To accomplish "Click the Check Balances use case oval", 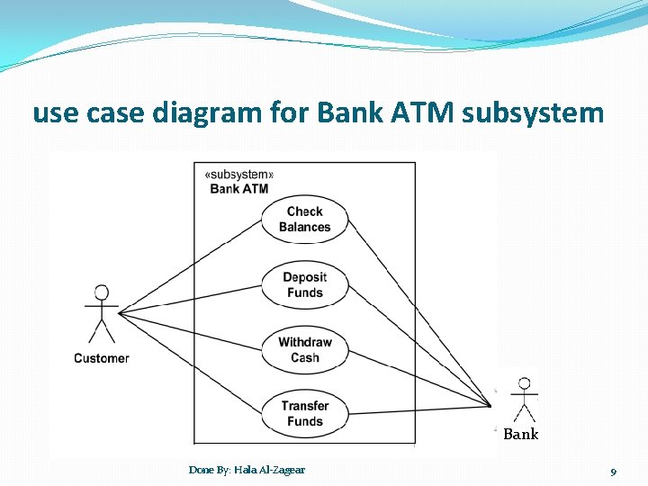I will (x=304, y=220).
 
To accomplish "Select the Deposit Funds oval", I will (x=304, y=284).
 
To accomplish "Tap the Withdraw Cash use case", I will (x=304, y=349).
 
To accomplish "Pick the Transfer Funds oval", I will (x=304, y=414).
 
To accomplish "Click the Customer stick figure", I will (x=102, y=315).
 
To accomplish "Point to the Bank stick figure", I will (x=523, y=400).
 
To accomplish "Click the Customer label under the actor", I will (x=102, y=358).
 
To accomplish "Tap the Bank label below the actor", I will (x=520, y=435).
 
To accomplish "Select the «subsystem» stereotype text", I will (x=239, y=175).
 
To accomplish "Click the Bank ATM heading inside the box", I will (x=239, y=189).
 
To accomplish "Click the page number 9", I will (x=613, y=472).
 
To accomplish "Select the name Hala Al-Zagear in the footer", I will (x=269, y=470).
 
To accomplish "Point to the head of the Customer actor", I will (x=102, y=292).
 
